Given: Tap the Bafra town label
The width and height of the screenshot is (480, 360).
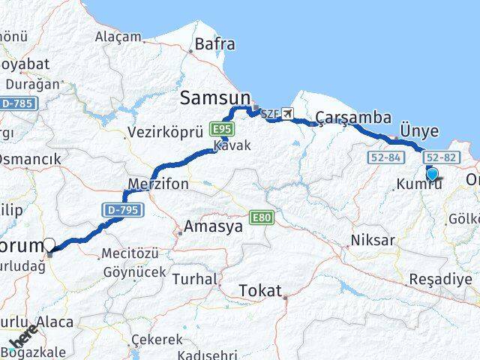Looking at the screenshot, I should [214, 44].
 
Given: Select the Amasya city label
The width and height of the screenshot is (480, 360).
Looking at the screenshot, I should [213, 226].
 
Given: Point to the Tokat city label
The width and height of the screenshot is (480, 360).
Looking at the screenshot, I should [260, 290].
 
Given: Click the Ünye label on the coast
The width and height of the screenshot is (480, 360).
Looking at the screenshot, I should [419, 130].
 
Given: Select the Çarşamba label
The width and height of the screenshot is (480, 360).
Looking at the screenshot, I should [352, 117].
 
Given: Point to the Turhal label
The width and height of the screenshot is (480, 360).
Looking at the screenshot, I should [193, 278].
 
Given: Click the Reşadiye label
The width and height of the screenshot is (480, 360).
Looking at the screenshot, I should [440, 279].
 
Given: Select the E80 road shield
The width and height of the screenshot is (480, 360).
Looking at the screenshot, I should [264, 217].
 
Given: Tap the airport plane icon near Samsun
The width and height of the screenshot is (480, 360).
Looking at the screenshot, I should [289, 114].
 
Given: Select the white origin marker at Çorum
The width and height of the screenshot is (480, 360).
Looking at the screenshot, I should [49, 244].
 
